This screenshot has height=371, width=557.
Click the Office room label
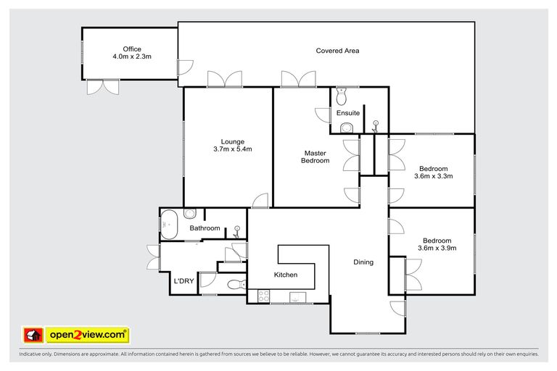coord(131,49)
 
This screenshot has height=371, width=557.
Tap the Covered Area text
coord(337,51)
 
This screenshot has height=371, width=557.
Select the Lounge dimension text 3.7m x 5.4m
coord(232,149)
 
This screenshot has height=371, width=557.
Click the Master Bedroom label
coord(315,157)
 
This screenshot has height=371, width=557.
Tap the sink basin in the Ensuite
coord(347,128)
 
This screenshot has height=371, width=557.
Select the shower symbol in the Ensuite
coord(375,125)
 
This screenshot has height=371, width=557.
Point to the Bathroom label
coord(205,228)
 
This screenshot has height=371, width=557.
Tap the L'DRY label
coord(183,281)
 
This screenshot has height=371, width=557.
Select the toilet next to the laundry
coord(235,285)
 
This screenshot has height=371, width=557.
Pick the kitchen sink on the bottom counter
coord(297,296)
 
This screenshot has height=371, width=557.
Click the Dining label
coord(363,262)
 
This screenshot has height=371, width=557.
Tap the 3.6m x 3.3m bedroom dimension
coord(434,176)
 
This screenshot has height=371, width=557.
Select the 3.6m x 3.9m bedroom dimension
coord(437,249)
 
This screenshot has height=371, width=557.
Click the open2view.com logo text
coord(87,335)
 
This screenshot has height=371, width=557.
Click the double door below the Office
coord(102,86)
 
